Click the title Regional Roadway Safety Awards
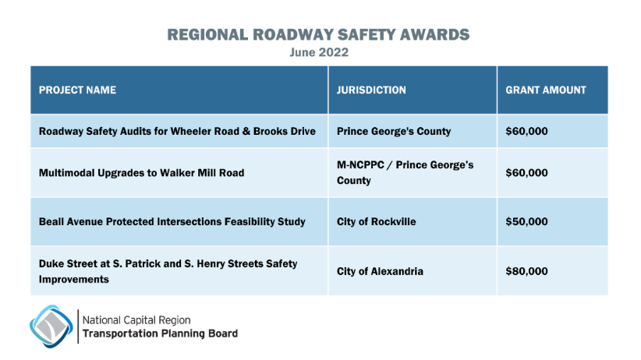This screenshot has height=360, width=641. click(319, 35)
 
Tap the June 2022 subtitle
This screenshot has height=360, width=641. click(319, 53)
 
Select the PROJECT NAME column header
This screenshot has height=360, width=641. click(77, 90)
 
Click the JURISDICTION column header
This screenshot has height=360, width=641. click(371, 90)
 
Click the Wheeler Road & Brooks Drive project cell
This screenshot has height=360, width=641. click(177, 131)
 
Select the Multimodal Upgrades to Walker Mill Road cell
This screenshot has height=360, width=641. click(141, 172)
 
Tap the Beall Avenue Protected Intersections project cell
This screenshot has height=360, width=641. click(172, 221)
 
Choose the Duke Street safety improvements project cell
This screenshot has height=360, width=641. click(168, 271)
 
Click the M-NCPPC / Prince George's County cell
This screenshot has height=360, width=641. click(405, 172)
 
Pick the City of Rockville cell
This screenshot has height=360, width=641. click(376, 221)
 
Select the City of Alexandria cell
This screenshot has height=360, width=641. click(380, 271)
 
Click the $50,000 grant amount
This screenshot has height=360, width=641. click(527, 221)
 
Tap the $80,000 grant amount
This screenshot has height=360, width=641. click(527, 271)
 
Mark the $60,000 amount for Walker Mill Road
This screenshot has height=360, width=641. click(527, 172)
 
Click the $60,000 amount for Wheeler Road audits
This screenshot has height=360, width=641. click(527, 131)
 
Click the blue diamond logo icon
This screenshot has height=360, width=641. click(51, 326)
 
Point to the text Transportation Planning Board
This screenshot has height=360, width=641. click(160, 334)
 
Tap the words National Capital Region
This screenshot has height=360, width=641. click(136, 319)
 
